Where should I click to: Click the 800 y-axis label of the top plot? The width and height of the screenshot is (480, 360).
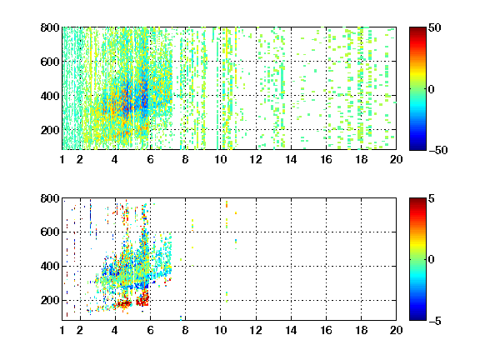[50, 27]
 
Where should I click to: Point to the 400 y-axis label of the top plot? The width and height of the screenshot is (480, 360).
[50, 96]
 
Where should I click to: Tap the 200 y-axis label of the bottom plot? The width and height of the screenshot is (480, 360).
[50, 300]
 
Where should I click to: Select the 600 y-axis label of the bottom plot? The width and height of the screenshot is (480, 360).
[50, 232]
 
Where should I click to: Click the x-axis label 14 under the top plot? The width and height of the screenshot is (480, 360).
[291, 159]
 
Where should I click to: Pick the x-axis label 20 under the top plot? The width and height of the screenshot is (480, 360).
[396, 159]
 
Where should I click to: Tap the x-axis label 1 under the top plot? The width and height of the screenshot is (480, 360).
[62, 159]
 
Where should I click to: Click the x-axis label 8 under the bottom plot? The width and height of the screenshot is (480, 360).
[185, 330]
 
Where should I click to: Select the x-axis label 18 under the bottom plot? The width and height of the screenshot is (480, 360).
[361, 330]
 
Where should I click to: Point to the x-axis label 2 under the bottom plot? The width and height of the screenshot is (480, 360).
[80, 330]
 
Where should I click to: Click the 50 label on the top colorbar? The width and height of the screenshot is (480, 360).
[435, 27]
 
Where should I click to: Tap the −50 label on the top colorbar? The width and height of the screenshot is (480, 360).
[437, 150]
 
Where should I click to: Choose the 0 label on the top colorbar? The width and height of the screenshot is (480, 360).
[432, 89]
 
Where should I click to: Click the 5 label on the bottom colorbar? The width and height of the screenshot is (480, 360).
[432, 198]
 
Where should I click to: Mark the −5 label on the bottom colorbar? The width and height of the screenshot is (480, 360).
[435, 321]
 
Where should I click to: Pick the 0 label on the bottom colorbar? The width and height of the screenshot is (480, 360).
[432, 260]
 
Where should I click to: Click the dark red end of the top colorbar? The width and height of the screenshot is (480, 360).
[417, 29]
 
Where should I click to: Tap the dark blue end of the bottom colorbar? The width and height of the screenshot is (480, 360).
[417, 318]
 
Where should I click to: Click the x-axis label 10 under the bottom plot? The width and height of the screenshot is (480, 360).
[220, 330]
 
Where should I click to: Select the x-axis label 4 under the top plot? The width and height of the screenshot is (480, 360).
[115, 159]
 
